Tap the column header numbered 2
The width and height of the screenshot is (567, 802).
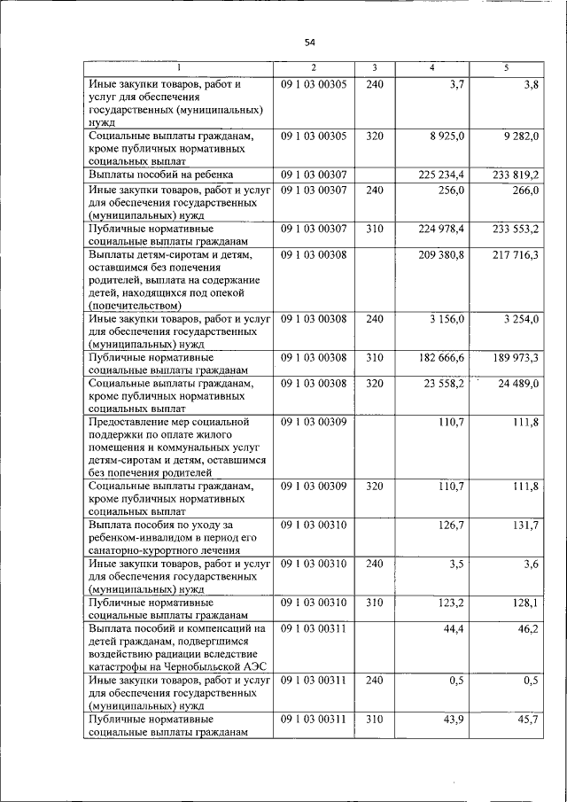(313, 68)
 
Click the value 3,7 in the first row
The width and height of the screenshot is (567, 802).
(455, 84)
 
